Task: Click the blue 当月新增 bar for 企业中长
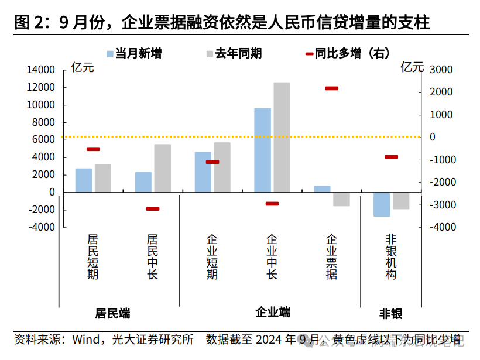(262, 150)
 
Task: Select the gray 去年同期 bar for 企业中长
(282, 137)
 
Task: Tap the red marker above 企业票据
(331, 88)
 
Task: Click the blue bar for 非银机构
(382, 204)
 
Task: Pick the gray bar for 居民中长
(162, 168)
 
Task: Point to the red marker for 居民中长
(153, 209)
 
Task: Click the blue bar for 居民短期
(84, 180)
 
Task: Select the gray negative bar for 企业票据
(341, 199)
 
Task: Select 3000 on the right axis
(441, 70)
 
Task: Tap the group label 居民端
(112, 314)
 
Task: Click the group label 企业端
(273, 313)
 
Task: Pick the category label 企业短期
(212, 257)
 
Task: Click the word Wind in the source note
(85, 340)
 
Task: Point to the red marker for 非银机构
(391, 157)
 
